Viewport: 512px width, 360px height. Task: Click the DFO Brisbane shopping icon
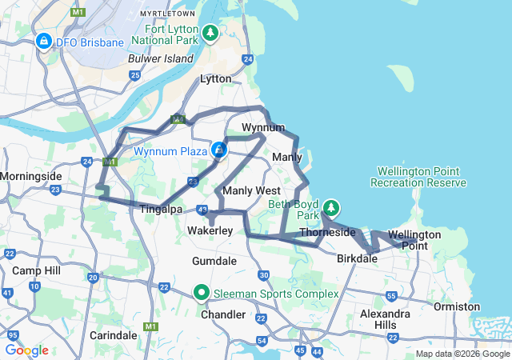[x=43, y=42]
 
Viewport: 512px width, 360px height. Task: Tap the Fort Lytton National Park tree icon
[x=210, y=33]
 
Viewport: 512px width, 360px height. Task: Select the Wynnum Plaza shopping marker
[x=217, y=150]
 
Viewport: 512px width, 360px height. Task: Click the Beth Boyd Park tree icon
[x=330, y=210]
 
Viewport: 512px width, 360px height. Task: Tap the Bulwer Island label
[x=161, y=59]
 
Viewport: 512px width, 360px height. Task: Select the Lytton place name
[x=214, y=79]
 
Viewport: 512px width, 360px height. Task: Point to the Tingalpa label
[x=161, y=209]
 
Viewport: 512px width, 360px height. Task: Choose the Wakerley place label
[x=210, y=230]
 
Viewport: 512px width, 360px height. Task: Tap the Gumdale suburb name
[x=214, y=262]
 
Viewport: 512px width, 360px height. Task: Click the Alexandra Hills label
[x=385, y=320]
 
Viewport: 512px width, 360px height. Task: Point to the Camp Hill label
[x=36, y=271]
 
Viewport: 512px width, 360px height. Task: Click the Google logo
[x=26, y=350]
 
